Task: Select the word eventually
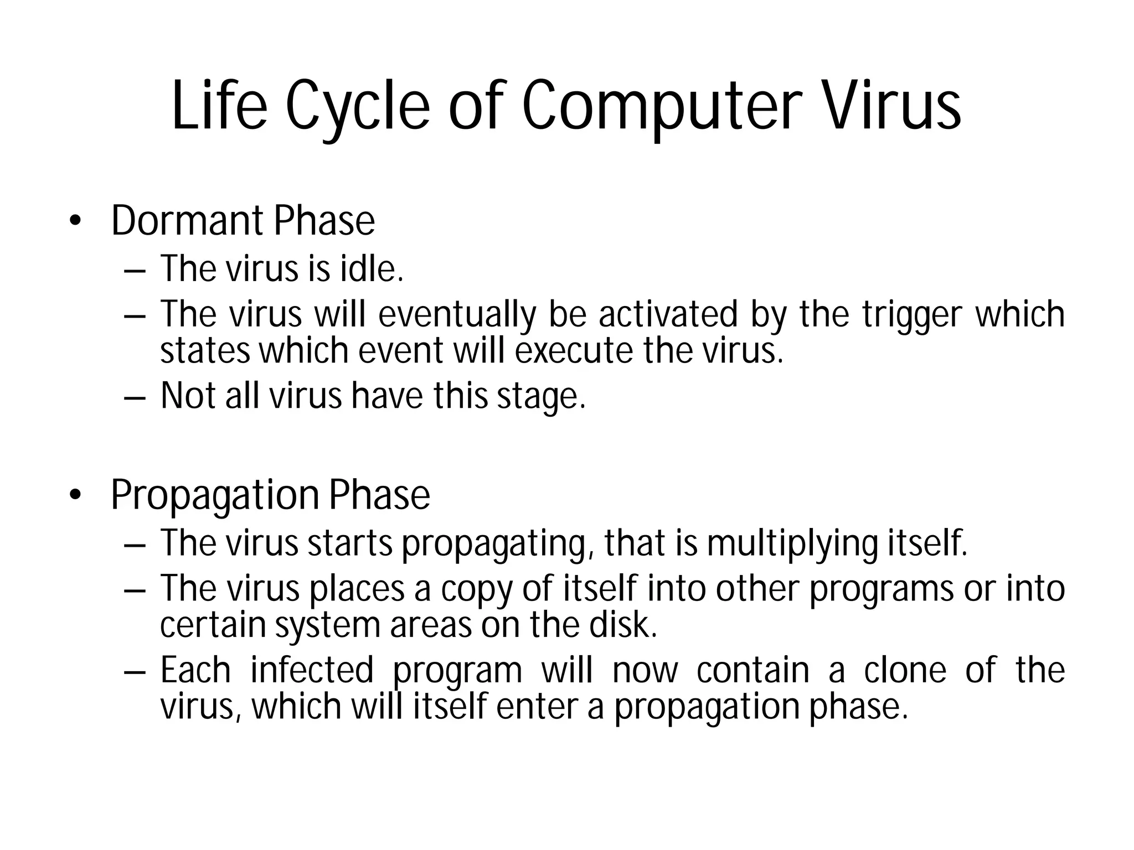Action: (x=457, y=315)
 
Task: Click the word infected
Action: (x=312, y=670)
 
